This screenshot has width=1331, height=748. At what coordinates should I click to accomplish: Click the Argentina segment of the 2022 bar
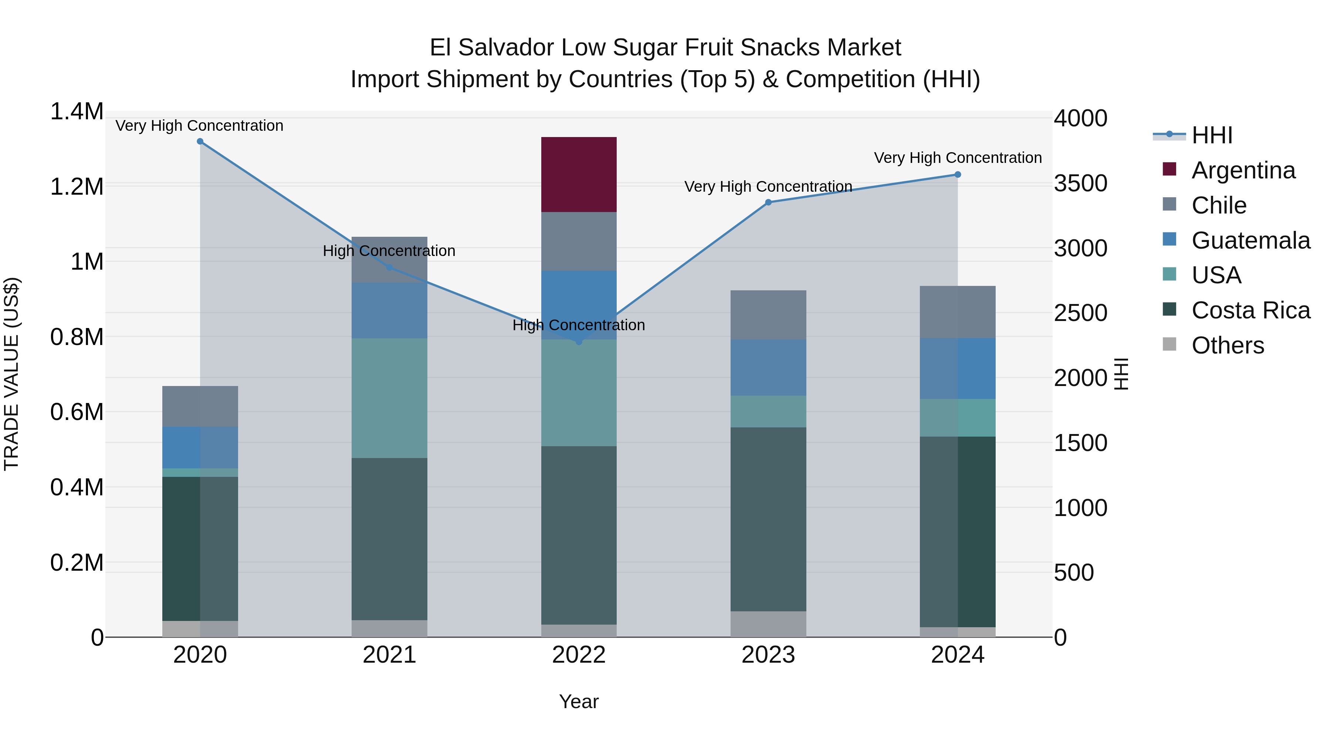pos(579,174)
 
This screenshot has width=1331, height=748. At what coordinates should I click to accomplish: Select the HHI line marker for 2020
pos(200,141)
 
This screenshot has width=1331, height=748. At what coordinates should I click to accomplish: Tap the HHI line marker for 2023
pos(768,202)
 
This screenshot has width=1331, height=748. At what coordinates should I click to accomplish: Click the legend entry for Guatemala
pos(1250,240)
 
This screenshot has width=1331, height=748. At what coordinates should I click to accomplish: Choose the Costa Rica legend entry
pos(1250,311)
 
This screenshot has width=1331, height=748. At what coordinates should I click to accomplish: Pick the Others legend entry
pos(1227,346)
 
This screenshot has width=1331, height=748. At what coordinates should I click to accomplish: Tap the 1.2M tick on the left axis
pos(77,187)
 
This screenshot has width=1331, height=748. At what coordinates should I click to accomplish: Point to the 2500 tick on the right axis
pos(1080,313)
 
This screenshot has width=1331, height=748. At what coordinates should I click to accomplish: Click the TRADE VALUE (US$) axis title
pos(12,374)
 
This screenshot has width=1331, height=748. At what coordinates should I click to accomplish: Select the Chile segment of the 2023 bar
pos(768,315)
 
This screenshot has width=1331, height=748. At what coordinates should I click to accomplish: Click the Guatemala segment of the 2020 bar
pos(200,448)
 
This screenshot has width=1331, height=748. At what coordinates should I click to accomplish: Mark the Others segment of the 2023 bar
pos(768,624)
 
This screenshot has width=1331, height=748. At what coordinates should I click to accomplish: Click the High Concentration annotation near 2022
pos(579,325)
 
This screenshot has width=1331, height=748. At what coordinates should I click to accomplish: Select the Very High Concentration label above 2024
pos(958,158)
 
